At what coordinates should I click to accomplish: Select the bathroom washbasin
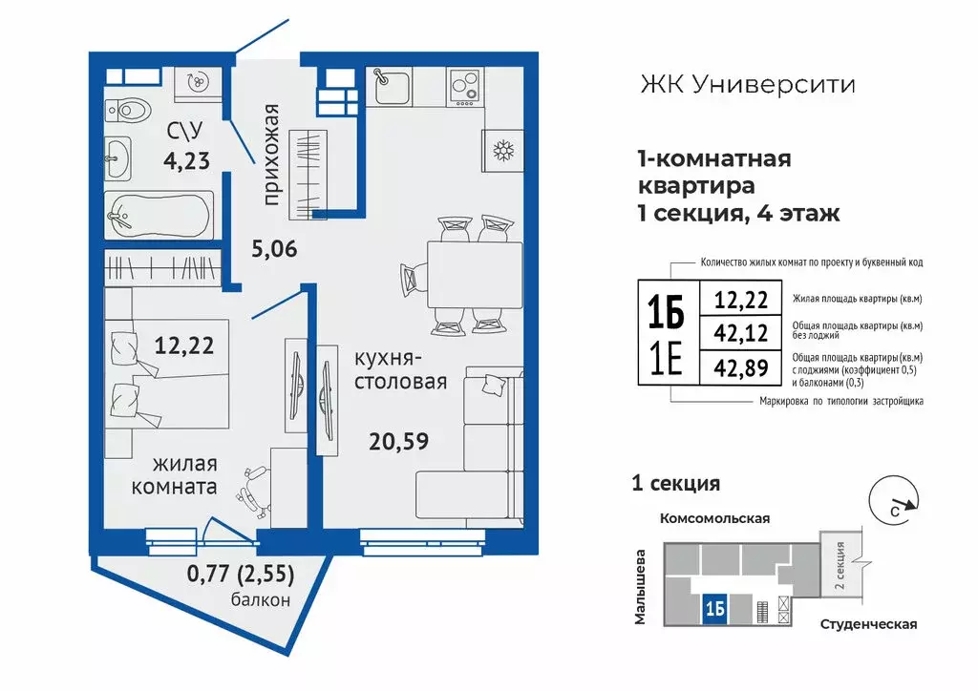click(119, 158)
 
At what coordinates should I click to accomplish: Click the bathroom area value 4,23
click(185, 159)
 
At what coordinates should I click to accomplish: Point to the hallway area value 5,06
click(274, 250)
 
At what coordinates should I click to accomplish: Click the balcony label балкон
click(260, 599)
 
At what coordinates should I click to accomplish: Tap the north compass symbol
click(895, 498)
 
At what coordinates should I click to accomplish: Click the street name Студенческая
click(867, 624)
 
